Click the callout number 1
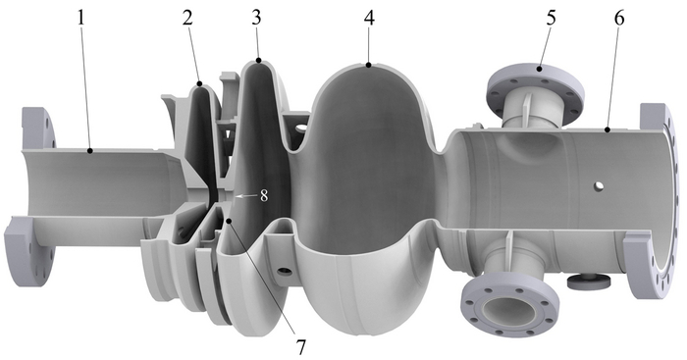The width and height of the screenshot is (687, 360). [x=80, y=18]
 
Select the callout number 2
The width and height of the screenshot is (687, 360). [x=187, y=18]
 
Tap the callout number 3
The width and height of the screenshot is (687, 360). [x=256, y=18]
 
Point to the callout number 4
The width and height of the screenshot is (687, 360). [x=369, y=18]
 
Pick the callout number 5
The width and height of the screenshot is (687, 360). [x=552, y=18]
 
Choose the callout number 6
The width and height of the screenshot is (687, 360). [x=619, y=18]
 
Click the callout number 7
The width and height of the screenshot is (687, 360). [x=300, y=347]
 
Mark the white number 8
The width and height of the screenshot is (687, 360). [x=264, y=196]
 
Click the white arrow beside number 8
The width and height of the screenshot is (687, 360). [x=246, y=196]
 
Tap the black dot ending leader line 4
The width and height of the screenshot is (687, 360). [x=368, y=66]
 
